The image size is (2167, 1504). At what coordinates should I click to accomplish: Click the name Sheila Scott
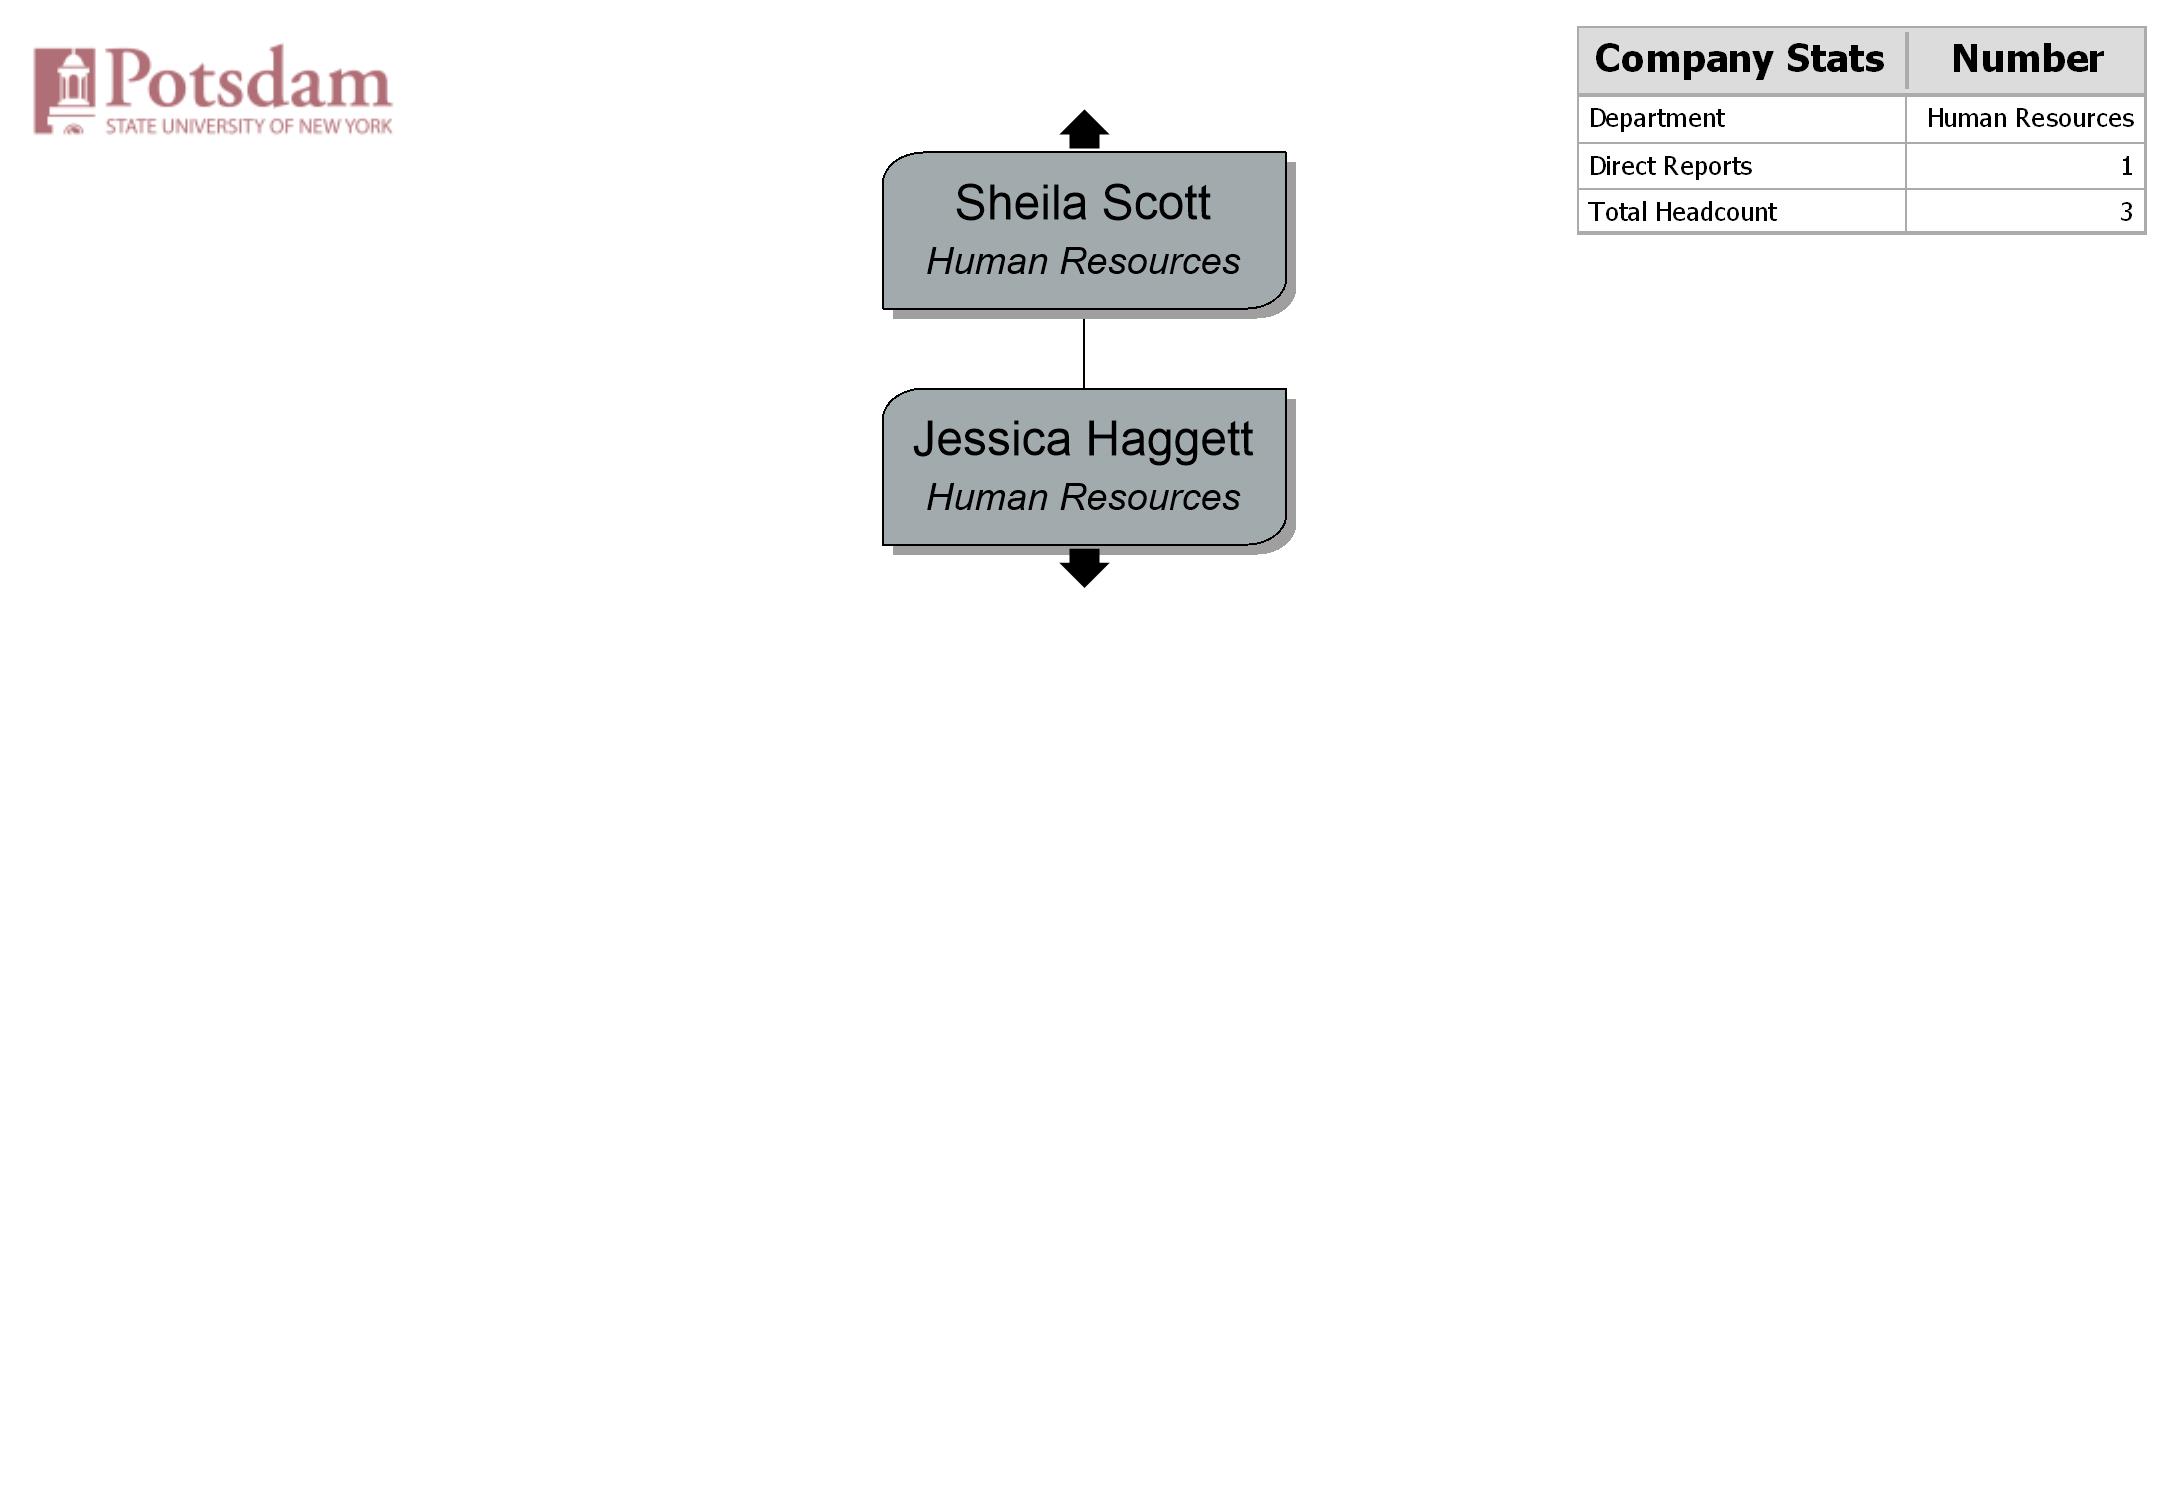click(1082, 203)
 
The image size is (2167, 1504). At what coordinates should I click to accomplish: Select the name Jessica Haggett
click(1082, 440)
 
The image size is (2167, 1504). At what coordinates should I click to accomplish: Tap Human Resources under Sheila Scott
click(1083, 261)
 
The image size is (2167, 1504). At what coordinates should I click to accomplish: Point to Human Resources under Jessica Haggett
click(1083, 497)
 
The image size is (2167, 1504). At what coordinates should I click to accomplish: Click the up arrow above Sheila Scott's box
click(1084, 130)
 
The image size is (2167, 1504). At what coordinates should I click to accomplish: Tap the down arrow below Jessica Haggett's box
click(1084, 567)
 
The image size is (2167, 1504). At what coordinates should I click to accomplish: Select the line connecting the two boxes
click(1084, 353)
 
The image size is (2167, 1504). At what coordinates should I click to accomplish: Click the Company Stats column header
click(1739, 60)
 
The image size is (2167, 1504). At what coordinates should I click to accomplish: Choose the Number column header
click(2027, 59)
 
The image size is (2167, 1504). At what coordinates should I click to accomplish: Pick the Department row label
click(1656, 119)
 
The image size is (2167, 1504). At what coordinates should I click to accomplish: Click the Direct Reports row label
click(1670, 166)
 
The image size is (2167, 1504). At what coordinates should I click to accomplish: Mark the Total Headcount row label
click(1682, 212)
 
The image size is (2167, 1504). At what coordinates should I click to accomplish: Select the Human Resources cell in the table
click(2030, 118)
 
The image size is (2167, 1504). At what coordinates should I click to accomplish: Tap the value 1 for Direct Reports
click(2126, 166)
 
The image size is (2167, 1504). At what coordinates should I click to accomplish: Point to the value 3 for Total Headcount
click(2126, 212)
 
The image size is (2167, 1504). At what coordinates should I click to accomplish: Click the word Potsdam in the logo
click(249, 78)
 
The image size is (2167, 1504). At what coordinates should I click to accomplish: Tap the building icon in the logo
click(65, 90)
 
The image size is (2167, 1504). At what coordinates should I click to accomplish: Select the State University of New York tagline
click(249, 126)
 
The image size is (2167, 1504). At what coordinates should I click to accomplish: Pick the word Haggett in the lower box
click(1169, 440)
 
